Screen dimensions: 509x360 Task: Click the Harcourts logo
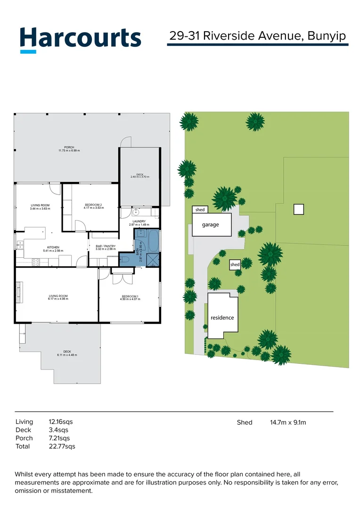click(x=80, y=39)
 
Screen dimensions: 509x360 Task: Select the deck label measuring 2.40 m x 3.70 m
click(x=140, y=175)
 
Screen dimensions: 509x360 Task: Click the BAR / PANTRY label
click(x=105, y=247)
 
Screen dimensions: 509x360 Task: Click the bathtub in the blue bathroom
click(x=153, y=240)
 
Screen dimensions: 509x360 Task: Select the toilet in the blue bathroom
click(x=126, y=258)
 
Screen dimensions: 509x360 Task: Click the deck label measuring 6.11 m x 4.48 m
click(x=67, y=353)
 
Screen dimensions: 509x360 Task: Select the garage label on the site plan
click(x=211, y=225)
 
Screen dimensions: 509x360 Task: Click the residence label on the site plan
click(x=222, y=318)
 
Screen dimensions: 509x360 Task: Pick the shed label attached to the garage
click(x=200, y=210)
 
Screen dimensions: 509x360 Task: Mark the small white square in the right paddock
click(x=298, y=209)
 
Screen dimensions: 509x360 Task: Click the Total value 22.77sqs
click(x=62, y=446)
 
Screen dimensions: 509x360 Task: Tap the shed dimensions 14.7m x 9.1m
click(x=288, y=422)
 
